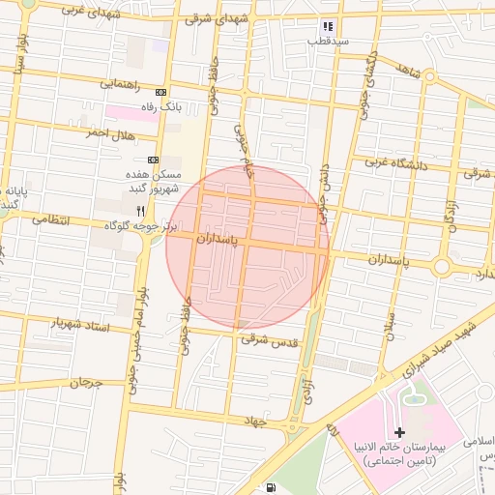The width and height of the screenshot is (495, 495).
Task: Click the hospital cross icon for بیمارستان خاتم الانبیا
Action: pos(400,430)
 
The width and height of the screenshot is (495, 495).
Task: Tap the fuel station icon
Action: pos(272,487)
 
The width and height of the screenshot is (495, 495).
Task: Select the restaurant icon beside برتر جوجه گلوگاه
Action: pos(141,210)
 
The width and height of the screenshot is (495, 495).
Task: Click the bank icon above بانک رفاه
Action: pos(160,92)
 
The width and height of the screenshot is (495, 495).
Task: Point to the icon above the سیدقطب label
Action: pos(328,26)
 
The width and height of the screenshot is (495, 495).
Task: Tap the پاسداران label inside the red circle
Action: pos(216,237)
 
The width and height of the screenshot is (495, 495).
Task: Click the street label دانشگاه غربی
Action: pos(396,163)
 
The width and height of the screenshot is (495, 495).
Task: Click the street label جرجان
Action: pos(84,383)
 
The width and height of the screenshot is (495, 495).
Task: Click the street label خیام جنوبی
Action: pos(247,155)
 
